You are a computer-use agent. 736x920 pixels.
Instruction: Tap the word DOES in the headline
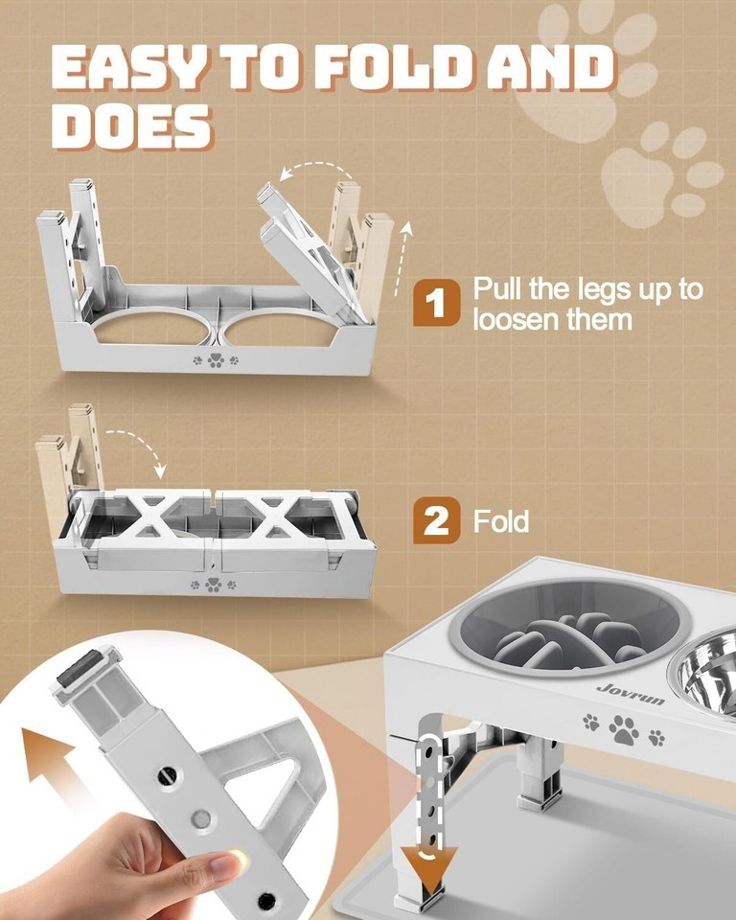(x=131, y=126)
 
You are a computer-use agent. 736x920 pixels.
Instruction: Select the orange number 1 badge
(x=436, y=302)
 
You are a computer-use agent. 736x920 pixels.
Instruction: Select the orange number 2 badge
(x=436, y=519)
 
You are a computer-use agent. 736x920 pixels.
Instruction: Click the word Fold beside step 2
(x=500, y=521)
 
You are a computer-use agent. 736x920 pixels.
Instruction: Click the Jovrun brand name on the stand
(x=631, y=694)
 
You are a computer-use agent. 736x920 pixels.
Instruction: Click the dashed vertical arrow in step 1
(x=402, y=258)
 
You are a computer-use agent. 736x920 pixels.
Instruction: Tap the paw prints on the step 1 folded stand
(x=216, y=359)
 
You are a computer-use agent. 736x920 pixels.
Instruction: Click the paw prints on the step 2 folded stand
(x=214, y=585)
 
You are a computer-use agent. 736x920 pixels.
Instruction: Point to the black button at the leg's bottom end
(x=267, y=900)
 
